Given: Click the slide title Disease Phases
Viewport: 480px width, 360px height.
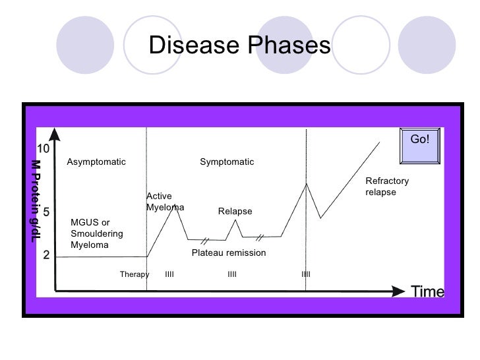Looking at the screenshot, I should coord(239,45).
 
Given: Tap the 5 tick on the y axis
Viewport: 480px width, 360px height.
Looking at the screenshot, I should coord(47,213).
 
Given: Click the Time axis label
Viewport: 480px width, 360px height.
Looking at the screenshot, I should coord(427,291).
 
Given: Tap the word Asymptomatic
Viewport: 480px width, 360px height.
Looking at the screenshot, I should coord(96,162).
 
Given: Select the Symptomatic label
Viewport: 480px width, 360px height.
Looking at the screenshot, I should coord(227,162).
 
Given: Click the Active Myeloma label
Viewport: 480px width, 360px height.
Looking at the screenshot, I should coord(164,202).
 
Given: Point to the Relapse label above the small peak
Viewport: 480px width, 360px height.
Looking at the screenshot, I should coord(235,212).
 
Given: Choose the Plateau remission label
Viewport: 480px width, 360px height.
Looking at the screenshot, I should coord(228,253).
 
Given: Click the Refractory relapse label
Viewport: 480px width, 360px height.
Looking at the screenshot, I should coord(387,187).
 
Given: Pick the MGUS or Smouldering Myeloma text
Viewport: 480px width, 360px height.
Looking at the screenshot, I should coord(96,233).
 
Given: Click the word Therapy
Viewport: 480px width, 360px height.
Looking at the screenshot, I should coord(135,274).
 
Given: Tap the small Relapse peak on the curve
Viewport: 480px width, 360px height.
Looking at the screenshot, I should coord(236,220).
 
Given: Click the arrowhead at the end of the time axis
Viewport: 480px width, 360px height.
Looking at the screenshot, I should coord(400,291).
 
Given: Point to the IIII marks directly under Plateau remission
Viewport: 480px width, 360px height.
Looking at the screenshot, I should coord(231,274).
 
